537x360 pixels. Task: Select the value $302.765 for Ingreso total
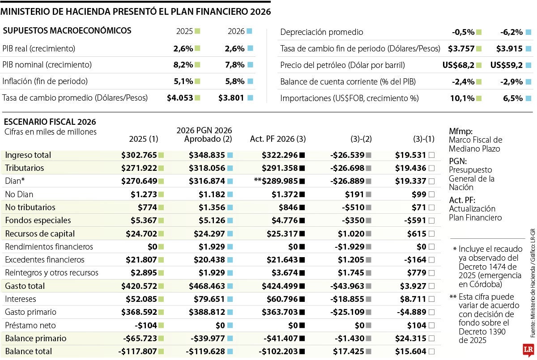(139, 155)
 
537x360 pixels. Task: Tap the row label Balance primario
(36, 338)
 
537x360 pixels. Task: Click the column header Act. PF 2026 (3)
(277, 139)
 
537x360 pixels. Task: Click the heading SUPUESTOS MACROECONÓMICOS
(67, 30)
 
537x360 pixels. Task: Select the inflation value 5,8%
(235, 81)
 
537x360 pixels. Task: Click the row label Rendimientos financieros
(49, 246)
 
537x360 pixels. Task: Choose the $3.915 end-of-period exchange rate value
(509, 48)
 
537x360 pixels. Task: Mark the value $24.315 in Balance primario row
(410, 338)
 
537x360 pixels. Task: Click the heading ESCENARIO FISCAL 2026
(50, 122)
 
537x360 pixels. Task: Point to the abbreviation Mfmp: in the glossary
(460, 131)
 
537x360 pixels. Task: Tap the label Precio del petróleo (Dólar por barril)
(342, 65)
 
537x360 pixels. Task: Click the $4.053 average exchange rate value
(180, 98)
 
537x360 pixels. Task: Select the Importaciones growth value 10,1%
(462, 98)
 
